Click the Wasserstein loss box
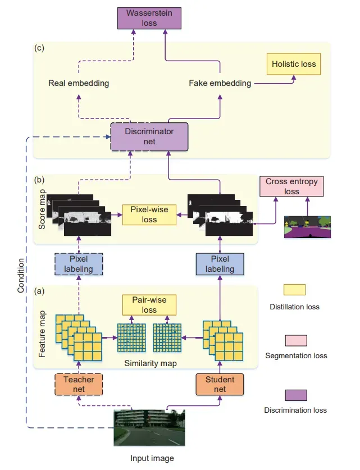coord(149,19)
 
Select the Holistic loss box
coord(294,64)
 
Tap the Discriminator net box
coord(149,136)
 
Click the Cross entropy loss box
coord(291,186)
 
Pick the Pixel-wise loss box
coord(149,215)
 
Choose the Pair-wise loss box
coord(149,305)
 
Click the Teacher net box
coord(79,384)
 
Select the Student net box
coord(220,384)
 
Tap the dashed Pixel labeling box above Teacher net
coord(79,264)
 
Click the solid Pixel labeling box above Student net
coord(220,264)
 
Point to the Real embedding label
coord(79,83)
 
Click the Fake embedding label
coord(220,83)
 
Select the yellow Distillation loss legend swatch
coord(295,290)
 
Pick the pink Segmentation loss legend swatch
coord(296,340)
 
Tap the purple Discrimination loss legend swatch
coord(296,395)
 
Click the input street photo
coord(149,428)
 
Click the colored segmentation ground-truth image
coord(307,227)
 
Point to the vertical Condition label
coord(20,276)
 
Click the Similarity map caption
coord(151,363)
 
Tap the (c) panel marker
coord(39,48)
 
